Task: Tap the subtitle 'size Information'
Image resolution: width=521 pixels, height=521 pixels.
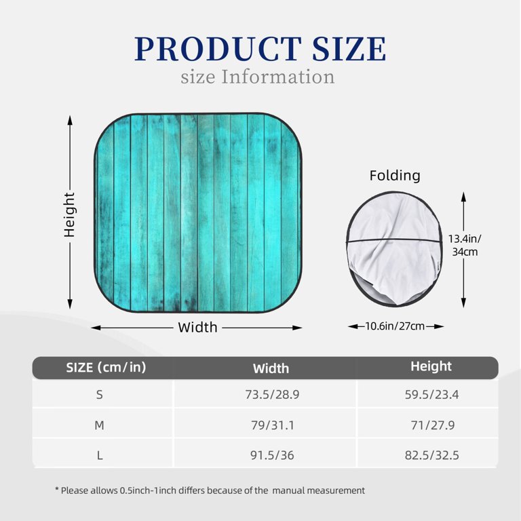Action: point(258,77)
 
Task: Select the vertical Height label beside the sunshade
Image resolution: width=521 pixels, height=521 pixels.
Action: point(69,214)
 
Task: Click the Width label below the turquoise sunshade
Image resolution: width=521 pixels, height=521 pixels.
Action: point(197,328)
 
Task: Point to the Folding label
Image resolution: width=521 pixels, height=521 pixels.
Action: point(395,176)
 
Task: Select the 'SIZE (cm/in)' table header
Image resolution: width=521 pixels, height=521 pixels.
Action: point(106,368)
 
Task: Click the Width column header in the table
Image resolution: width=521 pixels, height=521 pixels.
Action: point(271,368)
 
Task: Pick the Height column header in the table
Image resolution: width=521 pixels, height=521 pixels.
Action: point(431,366)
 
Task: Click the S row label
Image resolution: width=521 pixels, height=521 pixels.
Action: point(100,394)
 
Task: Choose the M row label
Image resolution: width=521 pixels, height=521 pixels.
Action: point(100,425)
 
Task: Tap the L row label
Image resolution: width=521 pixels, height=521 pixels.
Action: point(100,455)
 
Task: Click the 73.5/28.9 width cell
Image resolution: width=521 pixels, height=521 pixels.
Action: point(271,394)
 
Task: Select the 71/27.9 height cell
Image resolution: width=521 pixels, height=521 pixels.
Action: point(431,425)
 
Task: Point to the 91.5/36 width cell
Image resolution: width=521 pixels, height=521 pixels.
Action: point(271,455)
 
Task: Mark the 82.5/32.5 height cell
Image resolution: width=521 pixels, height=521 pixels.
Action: point(431,455)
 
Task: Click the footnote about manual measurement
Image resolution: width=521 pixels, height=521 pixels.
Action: point(210,490)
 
